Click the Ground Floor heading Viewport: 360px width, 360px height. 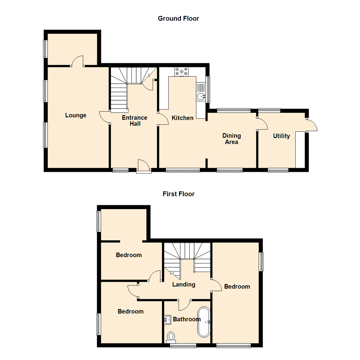(178, 19)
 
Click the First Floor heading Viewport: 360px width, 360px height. (178, 194)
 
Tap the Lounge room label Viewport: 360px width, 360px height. (76, 115)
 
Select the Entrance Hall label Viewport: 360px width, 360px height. (134, 121)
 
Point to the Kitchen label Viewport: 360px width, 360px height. (182, 118)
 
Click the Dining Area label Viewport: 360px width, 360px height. (232, 139)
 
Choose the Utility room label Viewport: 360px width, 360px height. (281, 136)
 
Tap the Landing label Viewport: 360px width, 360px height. (184, 284)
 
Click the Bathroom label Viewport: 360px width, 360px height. (186, 319)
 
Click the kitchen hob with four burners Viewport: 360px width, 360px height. (181, 71)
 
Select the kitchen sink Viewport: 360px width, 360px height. (201, 97)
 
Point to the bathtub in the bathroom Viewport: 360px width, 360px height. (204, 322)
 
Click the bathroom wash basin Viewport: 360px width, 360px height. (168, 320)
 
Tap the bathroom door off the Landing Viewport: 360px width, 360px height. (184, 304)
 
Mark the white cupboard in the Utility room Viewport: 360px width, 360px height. (300, 150)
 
